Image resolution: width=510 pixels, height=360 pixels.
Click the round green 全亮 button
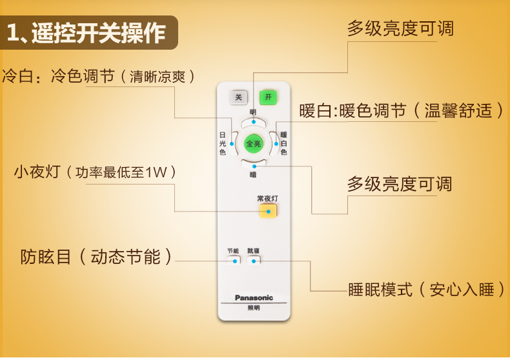pos(253,144)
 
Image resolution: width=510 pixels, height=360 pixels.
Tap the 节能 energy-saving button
pos(233,259)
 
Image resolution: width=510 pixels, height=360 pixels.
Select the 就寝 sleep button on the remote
pos(253,259)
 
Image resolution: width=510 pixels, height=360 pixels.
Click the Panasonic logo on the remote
pos(254,297)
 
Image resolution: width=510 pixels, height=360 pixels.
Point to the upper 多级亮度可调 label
pos(400,28)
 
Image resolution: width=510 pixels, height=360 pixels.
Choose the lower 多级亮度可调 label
pos(400,185)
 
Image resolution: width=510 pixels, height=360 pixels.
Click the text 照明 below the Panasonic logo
pos(254,308)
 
